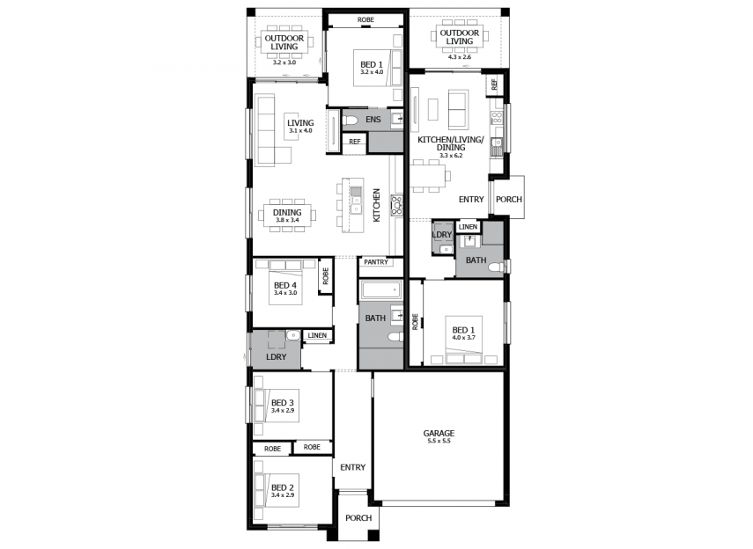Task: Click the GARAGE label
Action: point(439,433)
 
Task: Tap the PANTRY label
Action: point(376,262)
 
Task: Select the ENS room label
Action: point(373,120)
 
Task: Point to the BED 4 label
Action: point(285,286)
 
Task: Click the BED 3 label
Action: point(283,403)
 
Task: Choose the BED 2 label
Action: point(283,487)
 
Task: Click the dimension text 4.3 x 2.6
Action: point(460,56)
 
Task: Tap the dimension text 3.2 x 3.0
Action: point(284,62)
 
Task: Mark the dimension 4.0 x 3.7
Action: point(463,337)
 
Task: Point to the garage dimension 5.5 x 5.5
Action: point(439,441)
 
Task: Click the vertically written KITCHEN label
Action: point(377,205)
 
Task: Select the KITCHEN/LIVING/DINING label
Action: point(451,143)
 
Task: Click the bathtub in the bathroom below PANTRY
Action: point(380,289)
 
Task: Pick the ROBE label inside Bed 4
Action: point(326,276)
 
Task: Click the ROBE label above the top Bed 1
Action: point(365,19)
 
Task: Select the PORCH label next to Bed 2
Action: point(358,518)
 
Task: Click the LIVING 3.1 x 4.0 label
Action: point(300,126)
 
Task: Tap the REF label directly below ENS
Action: point(354,142)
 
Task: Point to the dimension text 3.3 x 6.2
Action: point(451,156)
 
